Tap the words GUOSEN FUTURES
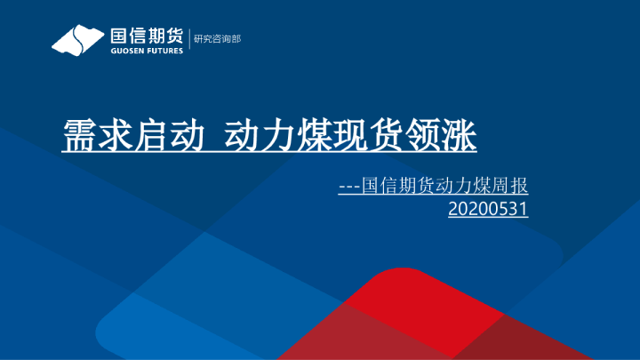(147, 50)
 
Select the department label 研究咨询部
(217, 39)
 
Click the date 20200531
(489, 210)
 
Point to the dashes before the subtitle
(349, 188)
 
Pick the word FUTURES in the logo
(165, 50)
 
